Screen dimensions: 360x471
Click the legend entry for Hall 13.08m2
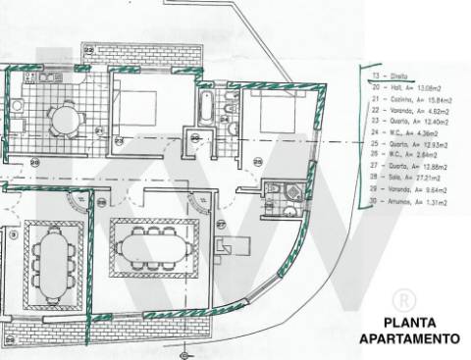406,86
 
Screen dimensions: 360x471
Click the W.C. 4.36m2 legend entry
406,132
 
